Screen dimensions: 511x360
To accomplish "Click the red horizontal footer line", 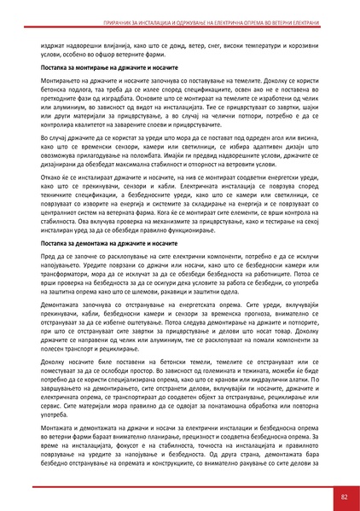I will [x=180, y=483].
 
